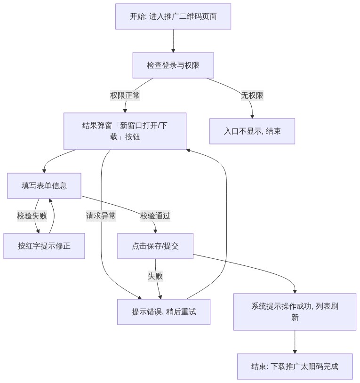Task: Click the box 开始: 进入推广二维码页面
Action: click(173, 16)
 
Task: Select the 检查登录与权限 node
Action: click(173, 65)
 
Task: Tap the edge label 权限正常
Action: click(125, 95)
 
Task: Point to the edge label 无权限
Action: click(252, 95)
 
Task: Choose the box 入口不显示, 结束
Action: click(252, 131)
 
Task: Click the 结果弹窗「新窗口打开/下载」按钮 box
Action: click(125, 131)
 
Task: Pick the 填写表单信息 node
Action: click(44, 186)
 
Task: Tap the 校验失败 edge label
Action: click(32, 216)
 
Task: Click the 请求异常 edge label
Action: click(101, 216)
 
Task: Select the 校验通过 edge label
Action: click(155, 216)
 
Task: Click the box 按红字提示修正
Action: click(44, 246)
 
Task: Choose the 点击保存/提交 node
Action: click(155, 246)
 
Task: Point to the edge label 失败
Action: click(155, 276)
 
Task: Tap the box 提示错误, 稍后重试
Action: click(164, 312)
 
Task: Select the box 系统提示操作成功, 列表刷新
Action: click(295, 312)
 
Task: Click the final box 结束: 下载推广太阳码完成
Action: click(295, 367)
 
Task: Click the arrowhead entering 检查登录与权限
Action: click(173, 50)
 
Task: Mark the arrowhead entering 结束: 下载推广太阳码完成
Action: click(295, 352)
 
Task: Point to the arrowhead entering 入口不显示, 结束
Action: click(252, 117)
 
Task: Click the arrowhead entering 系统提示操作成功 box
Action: click(295, 292)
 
